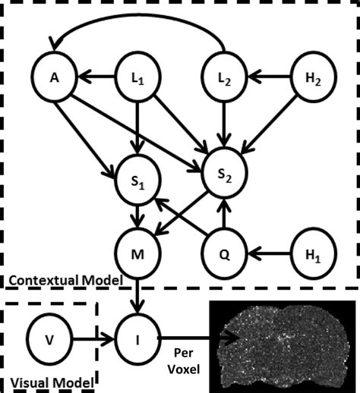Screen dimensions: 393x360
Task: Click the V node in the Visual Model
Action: coord(49,341)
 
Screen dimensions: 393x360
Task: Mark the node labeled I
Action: coord(137,341)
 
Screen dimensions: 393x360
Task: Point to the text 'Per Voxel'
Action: coord(185,363)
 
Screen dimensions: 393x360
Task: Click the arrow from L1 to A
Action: coord(96,76)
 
